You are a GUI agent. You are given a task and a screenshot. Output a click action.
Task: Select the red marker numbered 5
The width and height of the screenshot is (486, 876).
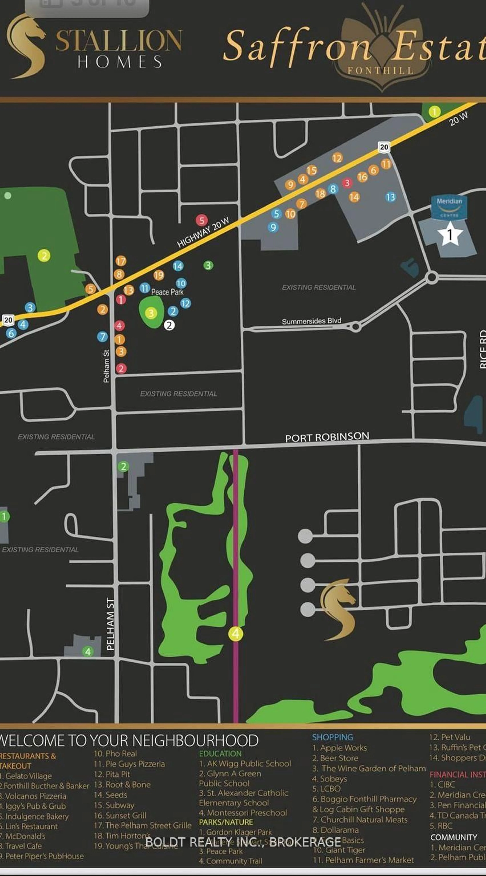point(202,220)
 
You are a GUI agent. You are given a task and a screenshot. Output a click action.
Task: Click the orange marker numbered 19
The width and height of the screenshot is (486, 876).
point(158,275)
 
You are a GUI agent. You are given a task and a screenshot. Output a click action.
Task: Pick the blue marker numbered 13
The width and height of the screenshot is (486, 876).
point(390,197)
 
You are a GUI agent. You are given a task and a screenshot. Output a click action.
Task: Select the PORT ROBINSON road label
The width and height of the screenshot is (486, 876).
point(327,437)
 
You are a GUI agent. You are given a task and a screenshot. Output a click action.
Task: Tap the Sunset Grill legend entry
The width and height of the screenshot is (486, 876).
point(120,816)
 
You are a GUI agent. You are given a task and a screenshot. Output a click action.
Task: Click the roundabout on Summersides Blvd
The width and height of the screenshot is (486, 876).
point(355,327)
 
